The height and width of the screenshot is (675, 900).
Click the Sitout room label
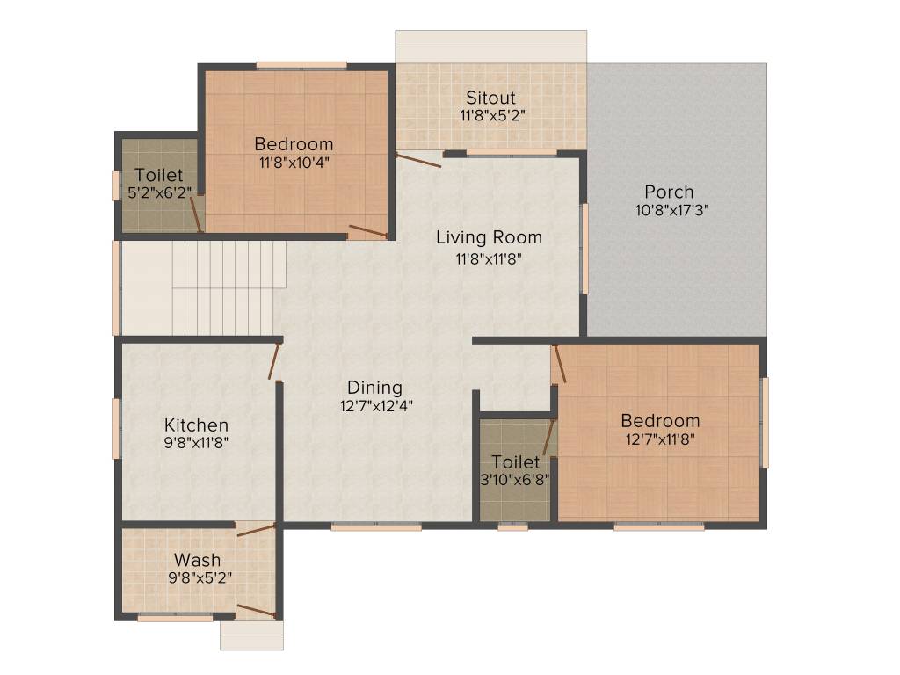(490, 98)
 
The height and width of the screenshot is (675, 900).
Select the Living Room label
(489, 237)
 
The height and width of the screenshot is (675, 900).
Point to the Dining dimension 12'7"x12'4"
(374, 406)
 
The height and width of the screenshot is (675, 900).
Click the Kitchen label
(196, 425)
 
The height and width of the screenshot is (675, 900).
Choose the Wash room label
(197, 560)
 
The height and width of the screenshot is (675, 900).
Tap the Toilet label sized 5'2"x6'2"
(159, 175)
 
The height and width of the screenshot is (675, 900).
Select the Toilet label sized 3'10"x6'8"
(516, 461)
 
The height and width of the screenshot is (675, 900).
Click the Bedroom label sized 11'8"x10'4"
(294, 144)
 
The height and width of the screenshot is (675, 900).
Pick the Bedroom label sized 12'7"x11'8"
(659, 420)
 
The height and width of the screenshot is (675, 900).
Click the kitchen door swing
(275, 361)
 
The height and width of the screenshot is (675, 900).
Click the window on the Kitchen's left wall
(116, 428)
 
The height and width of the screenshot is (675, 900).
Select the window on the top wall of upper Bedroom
(301, 65)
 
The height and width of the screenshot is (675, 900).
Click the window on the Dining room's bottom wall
(376, 526)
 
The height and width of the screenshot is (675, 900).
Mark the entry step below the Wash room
(251, 635)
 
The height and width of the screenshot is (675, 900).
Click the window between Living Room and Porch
(584, 249)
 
